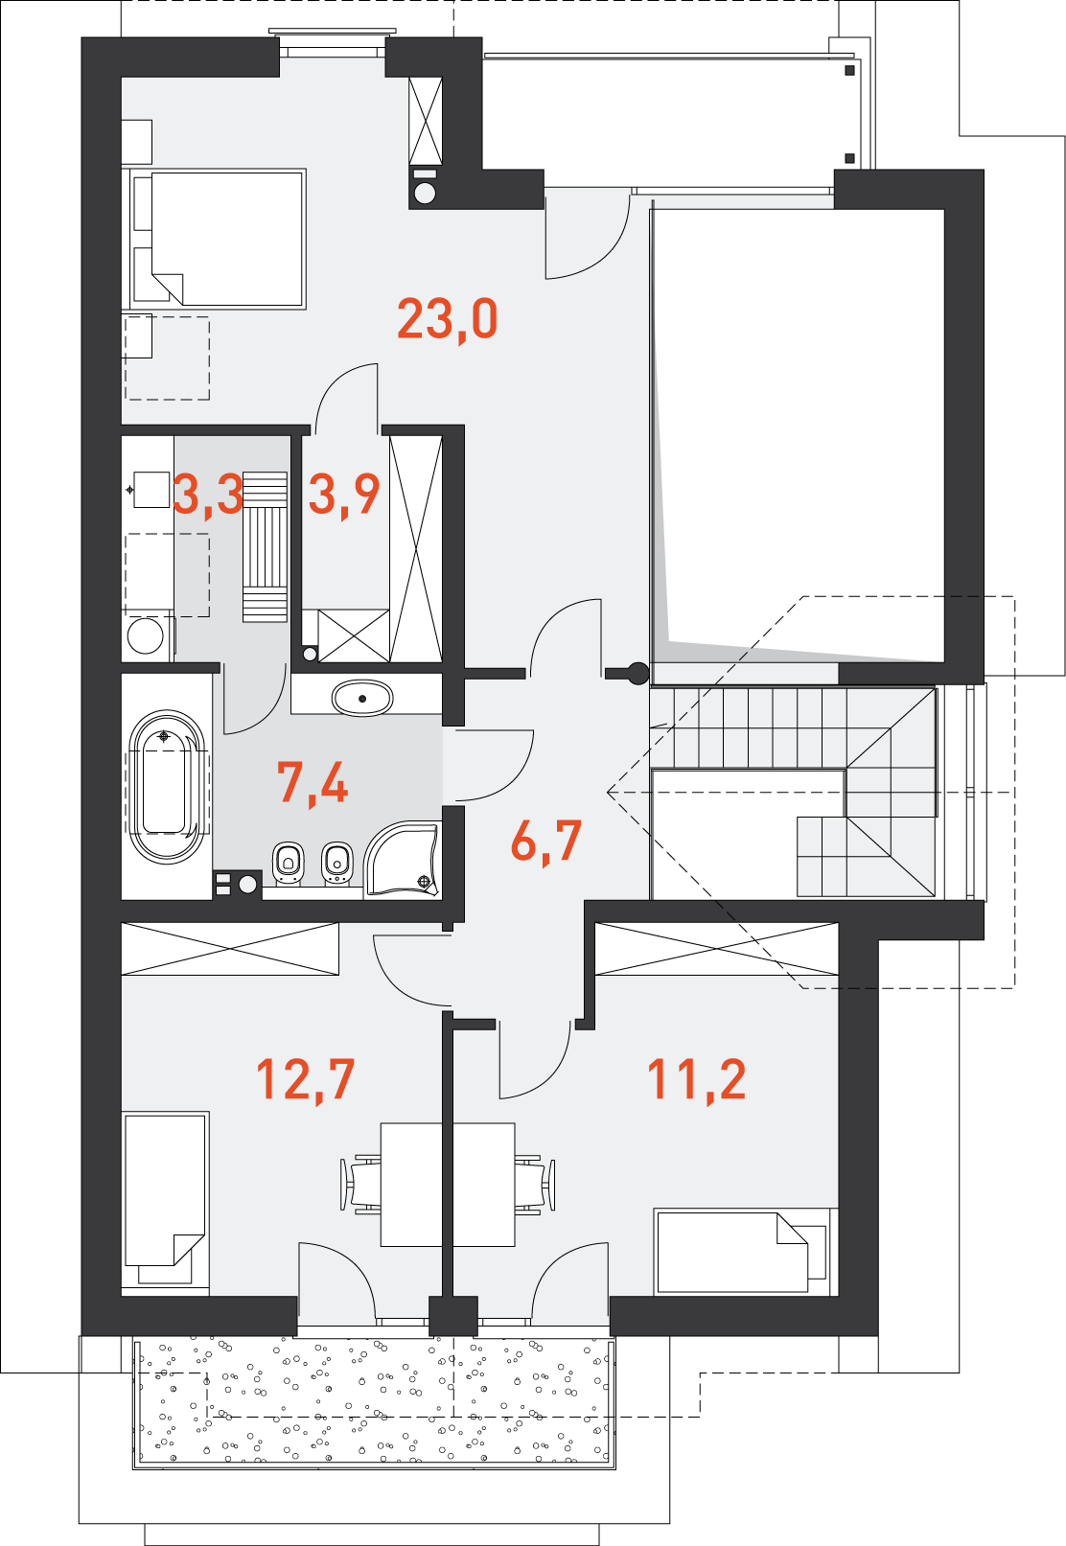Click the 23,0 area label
pyautogui.click(x=447, y=319)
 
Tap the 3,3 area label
pyautogui.click(x=208, y=495)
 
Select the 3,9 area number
pyautogui.click(x=344, y=495)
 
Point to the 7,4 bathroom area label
pyautogui.click(x=313, y=783)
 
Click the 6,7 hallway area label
pyautogui.click(x=546, y=842)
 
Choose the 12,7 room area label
pyautogui.click(x=305, y=1078)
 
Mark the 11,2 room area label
pyautogui.click(x=696, y=1078)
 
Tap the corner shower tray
pyautogui.click(x=402, y=860)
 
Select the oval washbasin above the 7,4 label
pyautogui.click(x=362, y=699)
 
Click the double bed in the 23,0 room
pyautogui.click(x=214, y=238)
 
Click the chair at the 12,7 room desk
pyautogui.click(x=359, y=1185)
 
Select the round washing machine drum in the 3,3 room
pyautogui.click(x=145, y=635)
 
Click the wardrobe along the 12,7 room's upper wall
pyautogui.click(x=230, y=949)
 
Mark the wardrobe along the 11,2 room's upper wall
pyautogui.click(x=717, y=949)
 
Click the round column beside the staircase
pyautogui.click(x=637, y=673)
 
